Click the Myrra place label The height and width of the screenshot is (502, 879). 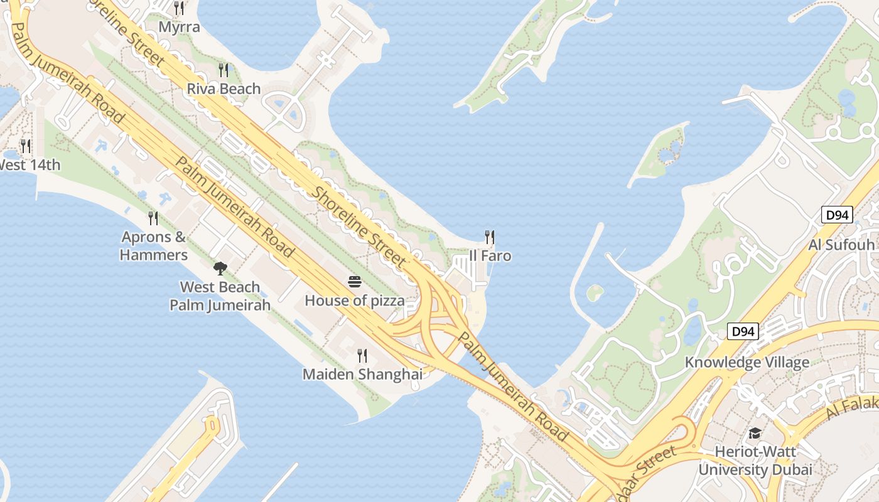tap(179, 27)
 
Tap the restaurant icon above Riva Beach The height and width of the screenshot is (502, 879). tap(224, 70)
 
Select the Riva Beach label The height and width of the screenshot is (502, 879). tap(224, 88)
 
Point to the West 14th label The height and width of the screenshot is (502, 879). tap(30, 165)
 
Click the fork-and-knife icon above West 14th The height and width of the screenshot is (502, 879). tap(26, 146)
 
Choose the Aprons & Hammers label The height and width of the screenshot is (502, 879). tap(154, 246)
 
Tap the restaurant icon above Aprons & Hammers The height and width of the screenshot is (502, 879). tap(153, 218)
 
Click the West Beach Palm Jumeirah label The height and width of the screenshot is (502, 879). tap(220, 296)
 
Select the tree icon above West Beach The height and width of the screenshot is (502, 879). tap(220, 269)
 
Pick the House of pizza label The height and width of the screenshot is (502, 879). tap(355, 301)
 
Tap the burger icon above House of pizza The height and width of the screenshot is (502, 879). tap(355, 282)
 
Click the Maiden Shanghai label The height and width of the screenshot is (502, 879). tap(362, 375)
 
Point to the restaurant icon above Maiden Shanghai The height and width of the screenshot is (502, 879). tap(362, 356)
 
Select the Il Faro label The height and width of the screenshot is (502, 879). tap(490, 256)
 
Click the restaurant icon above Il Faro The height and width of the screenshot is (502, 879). tap(490, 237)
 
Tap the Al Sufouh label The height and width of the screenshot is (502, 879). tap(841, 245)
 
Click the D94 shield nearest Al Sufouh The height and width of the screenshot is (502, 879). tap(837, 215)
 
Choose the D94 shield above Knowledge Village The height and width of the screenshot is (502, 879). tap(743, 331)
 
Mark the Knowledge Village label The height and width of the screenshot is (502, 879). tap(747, 362)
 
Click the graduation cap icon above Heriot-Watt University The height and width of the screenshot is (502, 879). tap(755, 433)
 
